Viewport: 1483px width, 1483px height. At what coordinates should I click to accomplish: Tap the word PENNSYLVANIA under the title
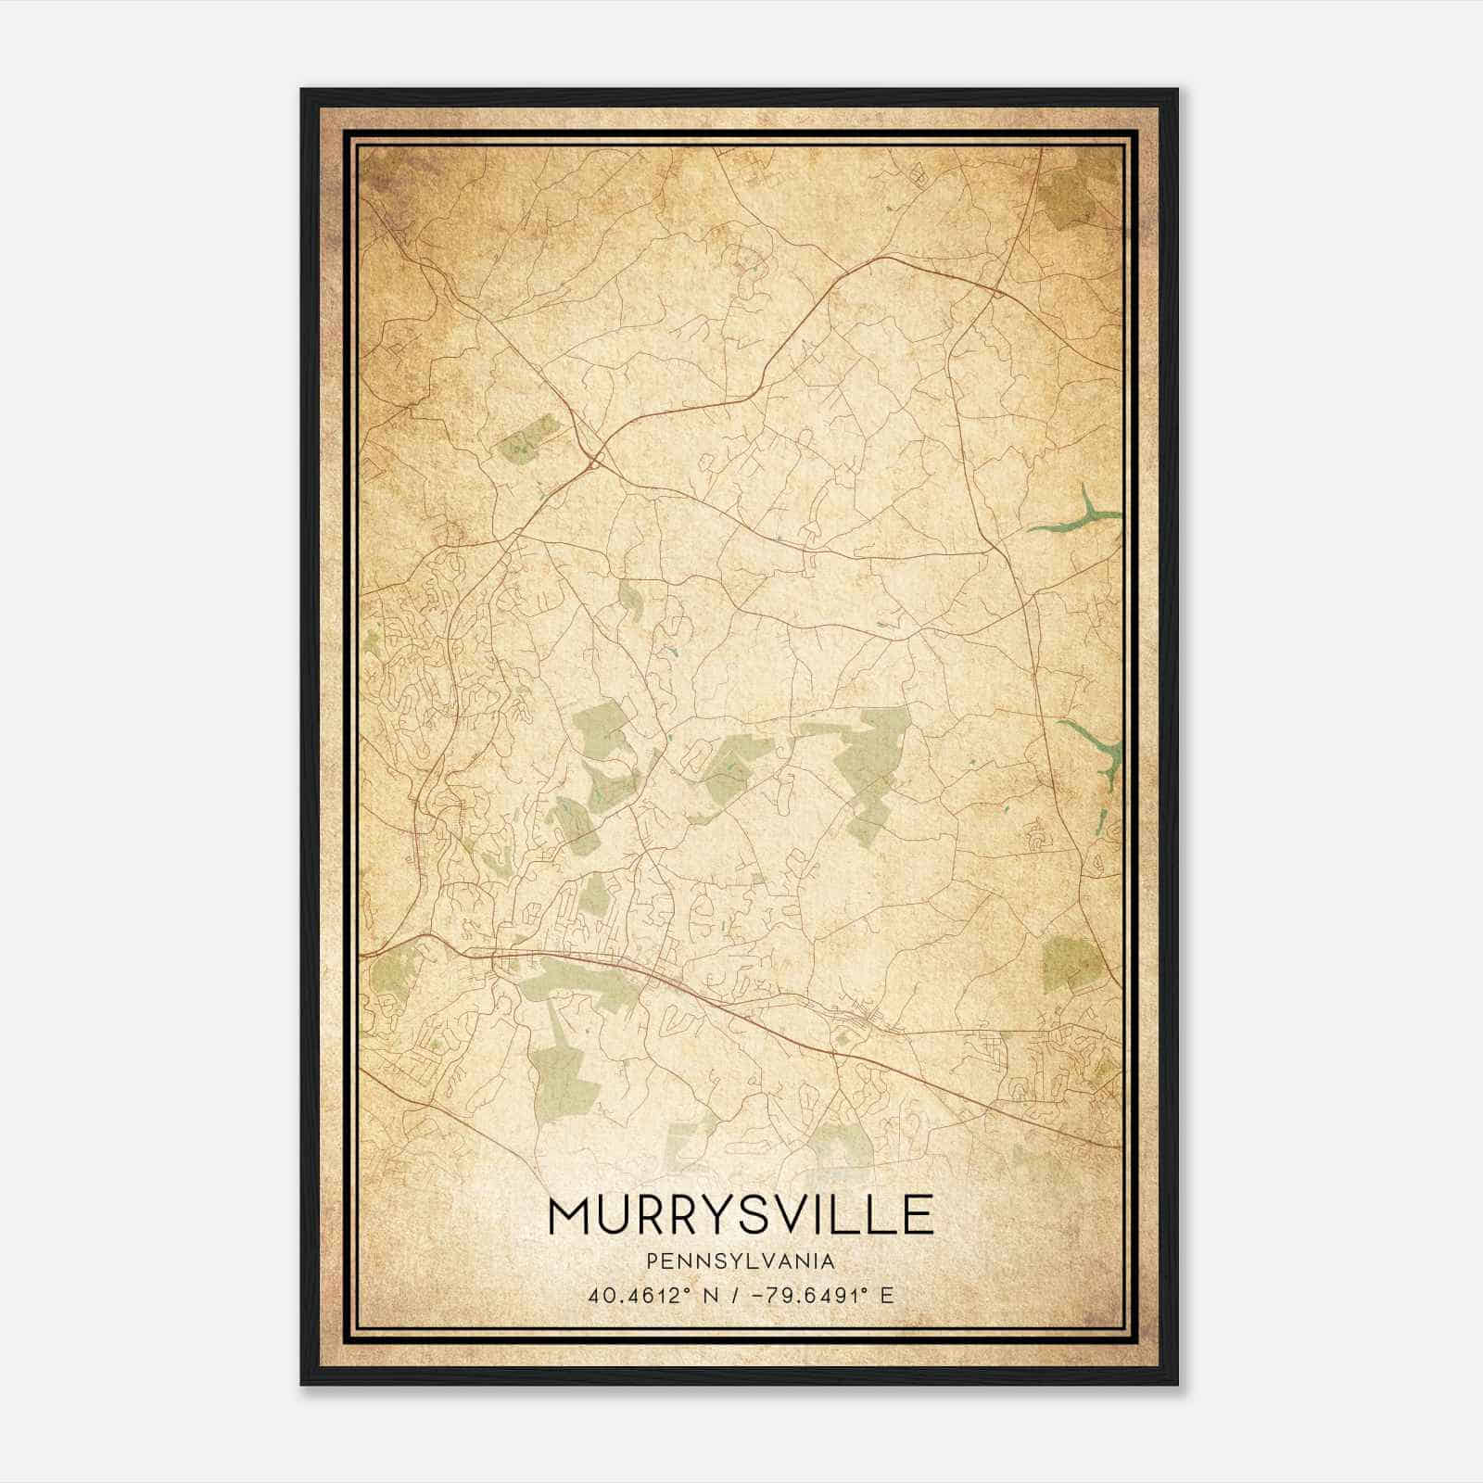[741, 1261]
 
